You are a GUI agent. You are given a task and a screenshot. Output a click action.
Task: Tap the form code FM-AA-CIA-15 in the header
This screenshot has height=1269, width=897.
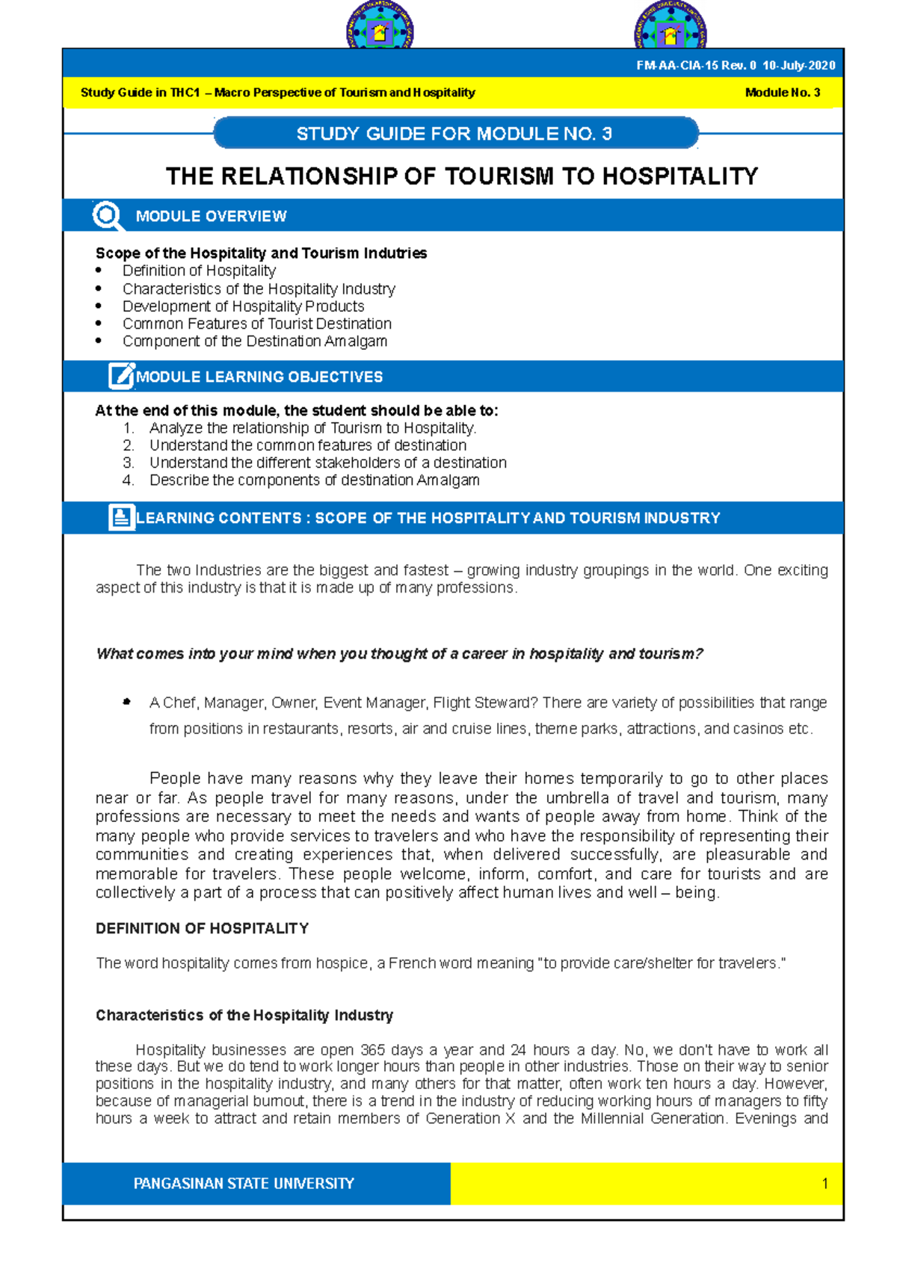676,66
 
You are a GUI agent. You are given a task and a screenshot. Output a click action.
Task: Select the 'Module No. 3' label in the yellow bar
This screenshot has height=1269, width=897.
782,93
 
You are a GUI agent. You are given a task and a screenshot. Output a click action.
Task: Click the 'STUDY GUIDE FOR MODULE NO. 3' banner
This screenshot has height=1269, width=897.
454,134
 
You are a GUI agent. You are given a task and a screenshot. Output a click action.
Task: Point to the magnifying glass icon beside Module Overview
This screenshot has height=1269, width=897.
108,216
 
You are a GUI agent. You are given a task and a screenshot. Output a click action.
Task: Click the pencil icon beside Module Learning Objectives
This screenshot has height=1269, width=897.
121,376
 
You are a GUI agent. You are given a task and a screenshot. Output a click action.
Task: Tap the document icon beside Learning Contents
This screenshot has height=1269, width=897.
121,517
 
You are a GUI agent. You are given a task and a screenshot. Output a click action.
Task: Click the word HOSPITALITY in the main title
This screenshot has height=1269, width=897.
680,176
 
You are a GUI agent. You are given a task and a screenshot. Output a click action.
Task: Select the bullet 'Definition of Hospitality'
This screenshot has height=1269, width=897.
199,271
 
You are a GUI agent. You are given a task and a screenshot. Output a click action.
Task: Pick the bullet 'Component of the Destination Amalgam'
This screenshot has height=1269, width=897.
254,341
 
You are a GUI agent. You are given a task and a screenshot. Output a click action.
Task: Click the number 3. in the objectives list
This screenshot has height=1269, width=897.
129,463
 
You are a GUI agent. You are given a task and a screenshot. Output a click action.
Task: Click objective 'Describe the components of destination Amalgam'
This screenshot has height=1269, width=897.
314,480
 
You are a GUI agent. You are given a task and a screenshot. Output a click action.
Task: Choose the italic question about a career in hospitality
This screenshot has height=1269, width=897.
399,654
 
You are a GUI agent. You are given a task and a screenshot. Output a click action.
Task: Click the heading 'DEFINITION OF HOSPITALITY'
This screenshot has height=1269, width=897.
202,928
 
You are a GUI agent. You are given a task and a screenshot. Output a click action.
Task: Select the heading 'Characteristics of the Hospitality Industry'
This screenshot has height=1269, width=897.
244,1015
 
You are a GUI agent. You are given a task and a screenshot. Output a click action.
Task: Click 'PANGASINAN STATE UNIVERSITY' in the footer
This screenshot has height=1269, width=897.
244,1183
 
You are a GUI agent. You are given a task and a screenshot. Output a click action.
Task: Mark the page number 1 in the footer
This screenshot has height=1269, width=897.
824,1183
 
